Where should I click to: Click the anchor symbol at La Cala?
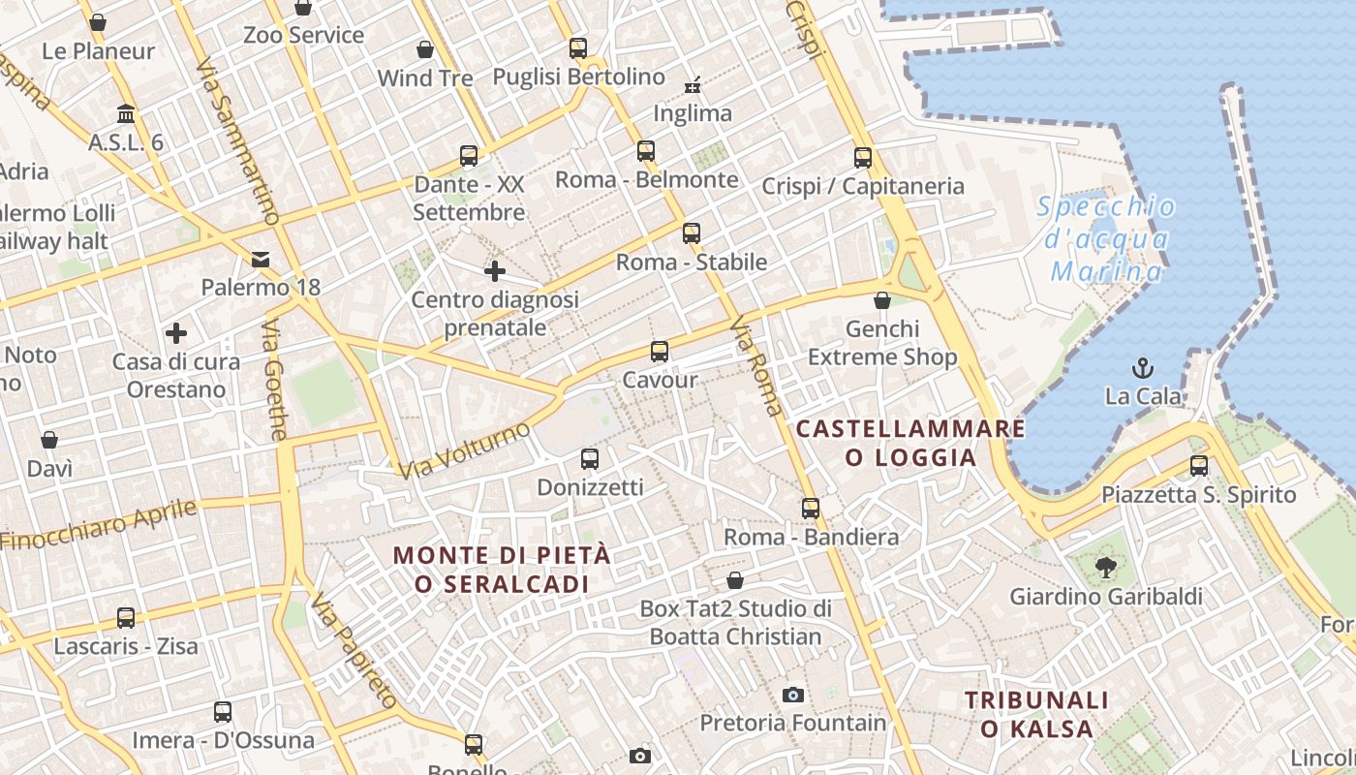pos(1144,368)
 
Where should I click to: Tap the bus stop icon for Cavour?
pos(660,351)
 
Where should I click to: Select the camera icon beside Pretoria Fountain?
pos(793,695)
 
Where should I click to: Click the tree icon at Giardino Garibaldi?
pos(1105,567)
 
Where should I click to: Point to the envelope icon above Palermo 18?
pos(261,259)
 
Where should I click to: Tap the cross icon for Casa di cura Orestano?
pos(175,333)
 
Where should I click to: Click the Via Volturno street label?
pos(465,450)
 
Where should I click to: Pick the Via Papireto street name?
pos(354,651)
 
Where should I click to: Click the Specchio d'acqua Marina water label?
pos(1107,239)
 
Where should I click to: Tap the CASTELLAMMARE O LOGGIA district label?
pos(910,443)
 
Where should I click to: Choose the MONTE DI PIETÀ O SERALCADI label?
pos(503,570)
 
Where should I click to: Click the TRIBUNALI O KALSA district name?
pos(1036,714)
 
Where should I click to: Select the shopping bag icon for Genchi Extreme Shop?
pos(882,300)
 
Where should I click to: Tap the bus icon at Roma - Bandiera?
pos(811,508)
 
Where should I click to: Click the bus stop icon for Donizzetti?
pos(590,458)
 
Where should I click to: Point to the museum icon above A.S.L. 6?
pos(126,113)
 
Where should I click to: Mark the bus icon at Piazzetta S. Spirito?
pos(1199,465)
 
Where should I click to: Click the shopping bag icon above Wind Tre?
pos(425,48)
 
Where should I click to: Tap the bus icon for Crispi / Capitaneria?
pos(863,157)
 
